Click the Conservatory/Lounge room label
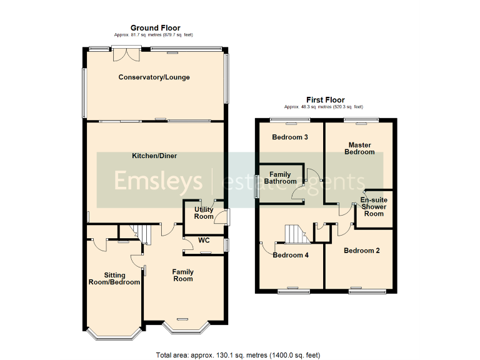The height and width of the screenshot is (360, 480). pos(154,77)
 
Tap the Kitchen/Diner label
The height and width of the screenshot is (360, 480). pos(154,155)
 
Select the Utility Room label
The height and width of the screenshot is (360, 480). pos(204,213)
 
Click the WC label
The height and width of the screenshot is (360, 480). pos(204,240)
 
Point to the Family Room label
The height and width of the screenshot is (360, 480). pos(183,276)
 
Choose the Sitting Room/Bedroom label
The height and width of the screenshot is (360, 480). pos(114,279)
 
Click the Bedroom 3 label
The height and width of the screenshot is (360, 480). pos(289,137)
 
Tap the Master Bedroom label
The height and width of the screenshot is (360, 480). pos(361,148)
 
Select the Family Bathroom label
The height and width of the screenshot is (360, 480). pos(279,177)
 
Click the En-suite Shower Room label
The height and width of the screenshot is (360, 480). pos(374,207)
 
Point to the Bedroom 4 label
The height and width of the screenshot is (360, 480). pos(291,254)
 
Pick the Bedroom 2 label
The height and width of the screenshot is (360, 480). pos(362,251)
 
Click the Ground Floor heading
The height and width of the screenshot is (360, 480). pos(155,27)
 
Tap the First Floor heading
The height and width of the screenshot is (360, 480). pos(325,99)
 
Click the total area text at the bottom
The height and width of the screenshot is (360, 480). pos(237,354)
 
